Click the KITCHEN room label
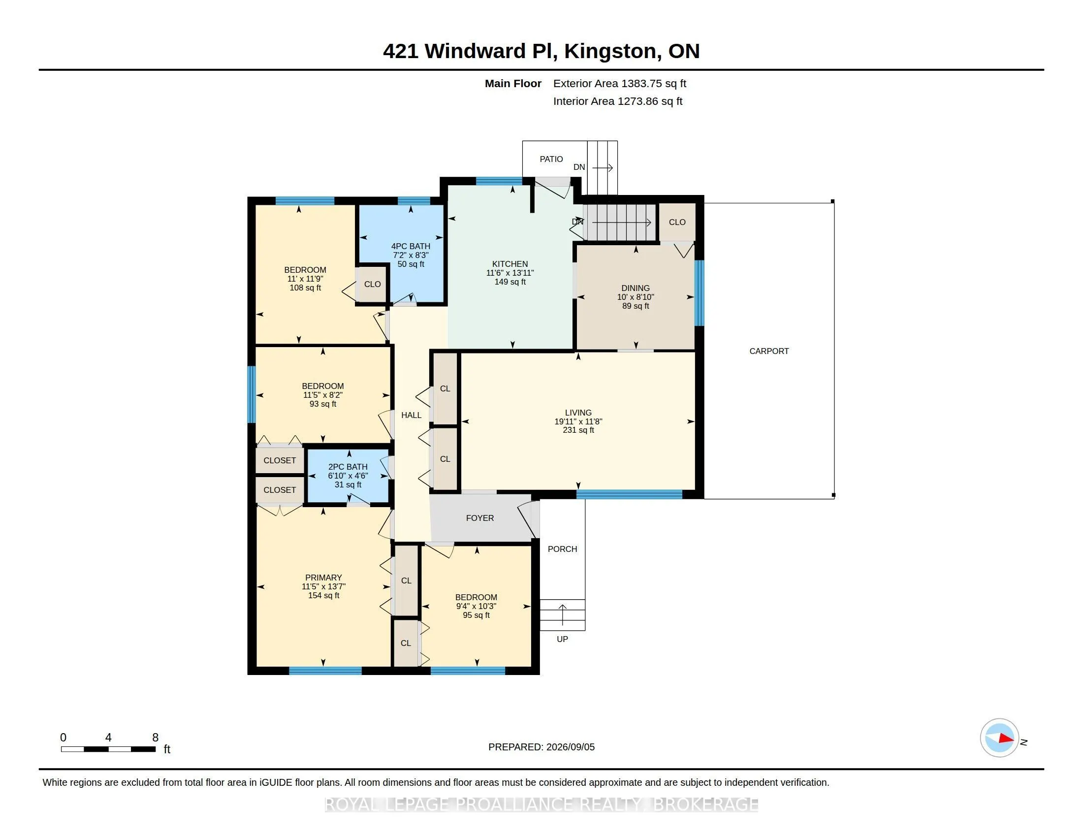[x=510, y=264]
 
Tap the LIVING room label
[x=578, y=413]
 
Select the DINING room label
[x=635, y=288]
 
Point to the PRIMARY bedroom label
[x=323, y=578]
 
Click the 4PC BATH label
[x=411, y=247]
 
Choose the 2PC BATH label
[x=348, y=467]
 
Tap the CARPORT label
[x=768, y=351]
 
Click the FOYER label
[x=479, y=518]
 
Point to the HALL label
[x=411, y=416]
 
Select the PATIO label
[x=551, y=159]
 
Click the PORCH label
[x=562, y=549]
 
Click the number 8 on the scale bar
[x=155, y=738]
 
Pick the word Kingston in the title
[x=610, y=52]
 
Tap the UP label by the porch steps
[x=562, y=640]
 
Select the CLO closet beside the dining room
[x=677, y=223]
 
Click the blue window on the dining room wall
[x=699, y=293]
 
